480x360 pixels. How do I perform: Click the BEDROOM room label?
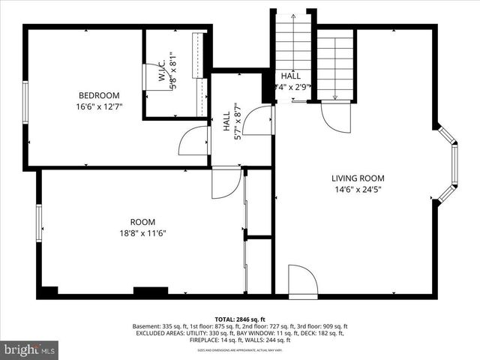point(99,95)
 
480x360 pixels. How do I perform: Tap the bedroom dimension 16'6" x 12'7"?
point(99,106)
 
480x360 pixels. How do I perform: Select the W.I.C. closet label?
point(162,72)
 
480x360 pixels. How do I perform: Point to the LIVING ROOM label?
point(358,178)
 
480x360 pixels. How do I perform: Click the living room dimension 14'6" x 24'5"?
point(358,190)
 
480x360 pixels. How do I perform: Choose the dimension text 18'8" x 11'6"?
point(142,233)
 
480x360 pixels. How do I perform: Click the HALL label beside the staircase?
point(290,77)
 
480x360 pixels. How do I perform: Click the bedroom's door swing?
point(194,140)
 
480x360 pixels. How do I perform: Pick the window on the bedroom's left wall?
point(25,103)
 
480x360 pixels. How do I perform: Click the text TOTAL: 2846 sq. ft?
point(240,319)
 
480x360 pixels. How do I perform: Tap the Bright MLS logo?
point(30,349)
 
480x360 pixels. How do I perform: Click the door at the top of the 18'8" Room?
point(226,184)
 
